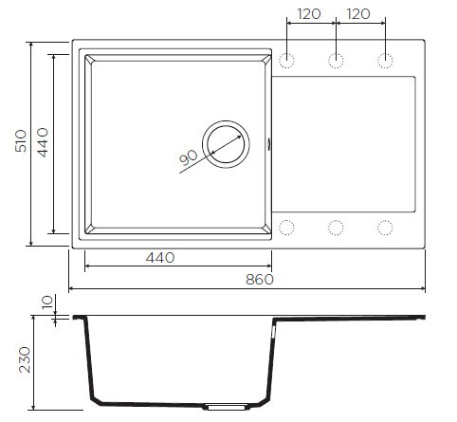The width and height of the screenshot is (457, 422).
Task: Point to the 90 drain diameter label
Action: click(188, 157)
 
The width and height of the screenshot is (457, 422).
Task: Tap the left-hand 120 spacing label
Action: click(309, 15)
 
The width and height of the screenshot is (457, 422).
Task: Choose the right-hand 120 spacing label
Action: click(359, 15)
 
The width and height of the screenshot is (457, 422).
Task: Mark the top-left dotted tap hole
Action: click(287, 62)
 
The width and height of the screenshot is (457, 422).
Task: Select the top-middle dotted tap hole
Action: click(336, 62)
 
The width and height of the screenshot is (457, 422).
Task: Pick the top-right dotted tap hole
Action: click(385, 62)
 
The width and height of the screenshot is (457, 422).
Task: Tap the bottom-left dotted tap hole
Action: click(287, 228)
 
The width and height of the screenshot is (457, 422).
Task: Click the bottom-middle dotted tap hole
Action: click(336, 228)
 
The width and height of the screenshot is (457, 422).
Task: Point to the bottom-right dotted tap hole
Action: click(385, 228)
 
